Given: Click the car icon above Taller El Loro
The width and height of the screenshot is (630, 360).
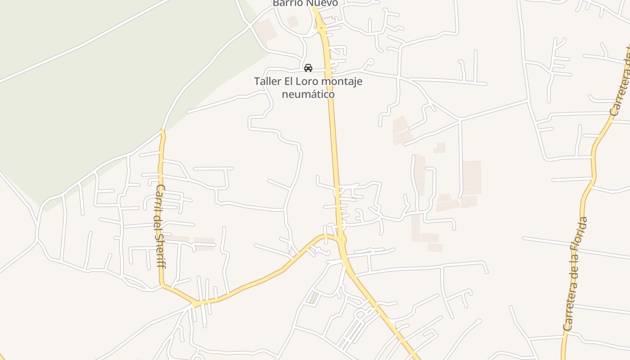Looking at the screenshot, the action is (308, 68).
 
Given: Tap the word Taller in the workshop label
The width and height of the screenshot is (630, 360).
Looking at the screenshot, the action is (267, 81).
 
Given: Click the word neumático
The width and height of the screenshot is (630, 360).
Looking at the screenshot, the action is (308, 94).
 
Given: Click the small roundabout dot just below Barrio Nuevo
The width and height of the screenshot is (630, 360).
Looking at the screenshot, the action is (321, 28).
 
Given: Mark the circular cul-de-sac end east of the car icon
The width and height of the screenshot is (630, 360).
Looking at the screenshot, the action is (370, 61).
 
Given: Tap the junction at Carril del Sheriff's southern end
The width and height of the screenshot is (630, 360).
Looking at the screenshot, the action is (195, 304).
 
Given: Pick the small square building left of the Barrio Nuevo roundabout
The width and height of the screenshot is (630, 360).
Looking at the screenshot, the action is (292, 21).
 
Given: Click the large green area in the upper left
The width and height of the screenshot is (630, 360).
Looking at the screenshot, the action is (90, 90).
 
